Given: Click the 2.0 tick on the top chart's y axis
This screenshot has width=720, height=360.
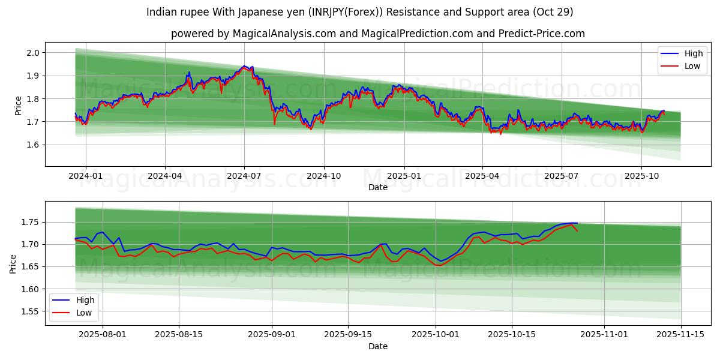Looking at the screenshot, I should pos(33,53).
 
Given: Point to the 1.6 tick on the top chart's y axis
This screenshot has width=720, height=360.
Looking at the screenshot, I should pos(33,145).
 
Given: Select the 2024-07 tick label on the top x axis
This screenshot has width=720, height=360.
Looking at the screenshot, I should pos(244,176).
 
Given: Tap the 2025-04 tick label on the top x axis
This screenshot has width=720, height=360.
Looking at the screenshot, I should pos(482,176).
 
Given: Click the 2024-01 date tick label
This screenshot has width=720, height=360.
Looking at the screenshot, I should pos(86,176).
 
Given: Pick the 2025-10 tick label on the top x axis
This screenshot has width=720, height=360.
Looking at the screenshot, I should pos(641,176).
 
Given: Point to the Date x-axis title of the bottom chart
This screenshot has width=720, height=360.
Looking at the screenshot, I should pos(378,346).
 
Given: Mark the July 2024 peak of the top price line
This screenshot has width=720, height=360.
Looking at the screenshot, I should pos(244,66).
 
